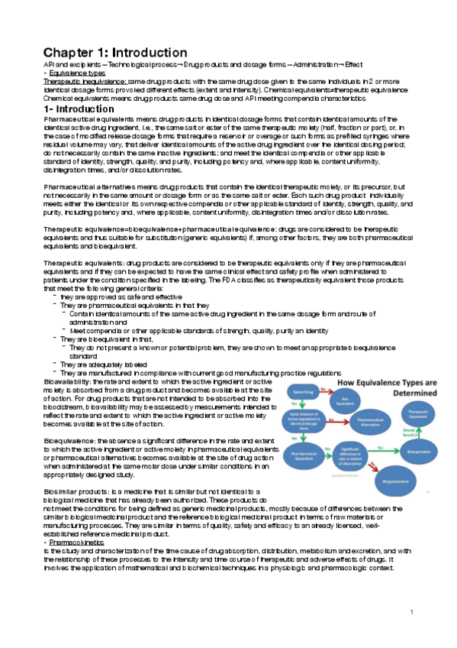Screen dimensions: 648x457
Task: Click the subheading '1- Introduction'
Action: point(79,109)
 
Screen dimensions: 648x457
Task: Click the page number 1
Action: point(410,611)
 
